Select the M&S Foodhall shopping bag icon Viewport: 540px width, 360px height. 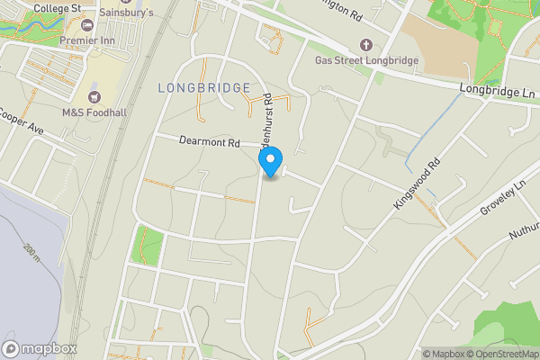(94, 96)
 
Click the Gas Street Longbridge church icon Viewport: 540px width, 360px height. (365, 45)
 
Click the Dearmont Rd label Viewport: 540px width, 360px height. (210, 142)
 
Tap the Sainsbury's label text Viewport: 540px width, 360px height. (126, 13)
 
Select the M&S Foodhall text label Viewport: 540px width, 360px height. (93, 113)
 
